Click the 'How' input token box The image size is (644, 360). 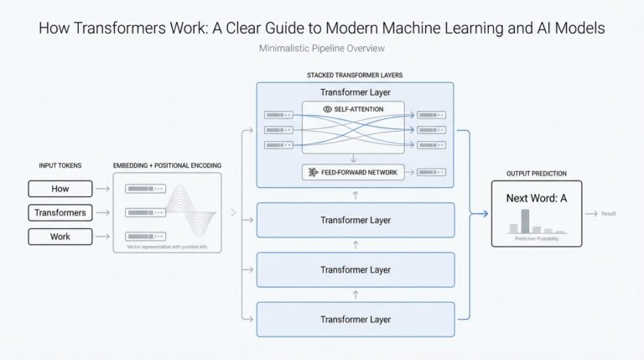pos(60,189)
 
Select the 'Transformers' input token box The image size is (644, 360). pos(60,213)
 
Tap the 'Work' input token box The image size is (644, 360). pos(60,237)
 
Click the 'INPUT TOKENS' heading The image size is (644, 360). pos(60,166)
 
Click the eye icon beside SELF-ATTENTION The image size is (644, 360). pos(327,109)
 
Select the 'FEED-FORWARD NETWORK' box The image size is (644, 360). pos(353,172)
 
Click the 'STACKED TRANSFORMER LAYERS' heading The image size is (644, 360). pos(355,76)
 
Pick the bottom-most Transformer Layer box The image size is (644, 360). pos(355,319)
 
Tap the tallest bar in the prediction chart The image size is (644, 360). pos(526,221)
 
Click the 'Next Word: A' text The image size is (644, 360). pos(537,199)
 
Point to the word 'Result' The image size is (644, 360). pos(608,213)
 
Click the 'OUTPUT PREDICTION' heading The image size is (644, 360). pos(536,173)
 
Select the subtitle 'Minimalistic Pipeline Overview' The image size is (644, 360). pos(321,50)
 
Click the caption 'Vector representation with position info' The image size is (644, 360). pos(166,247)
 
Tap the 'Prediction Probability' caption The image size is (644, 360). pos(537,239)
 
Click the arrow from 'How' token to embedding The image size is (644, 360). pos(102,189)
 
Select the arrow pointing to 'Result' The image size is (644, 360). pos(590,213)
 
